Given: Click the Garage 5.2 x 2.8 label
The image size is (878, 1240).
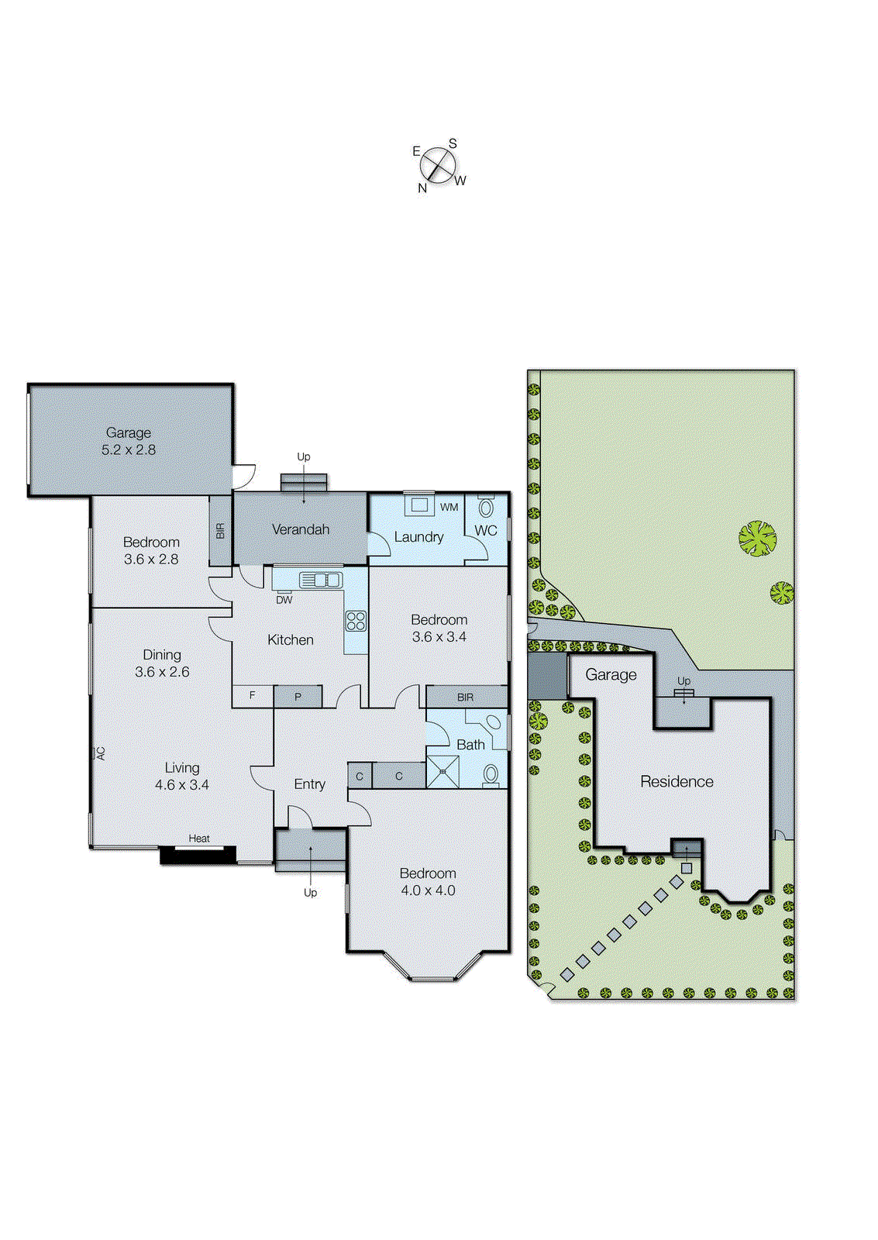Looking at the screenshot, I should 129,441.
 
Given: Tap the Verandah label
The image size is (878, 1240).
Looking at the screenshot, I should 301,529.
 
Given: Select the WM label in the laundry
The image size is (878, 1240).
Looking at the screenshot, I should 449,507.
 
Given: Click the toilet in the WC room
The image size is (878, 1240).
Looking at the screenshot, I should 487,508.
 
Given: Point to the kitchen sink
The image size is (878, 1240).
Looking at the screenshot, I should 320,579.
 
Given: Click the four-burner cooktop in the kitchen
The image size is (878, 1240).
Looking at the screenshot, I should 356,620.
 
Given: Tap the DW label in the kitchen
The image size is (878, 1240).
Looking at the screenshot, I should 284,600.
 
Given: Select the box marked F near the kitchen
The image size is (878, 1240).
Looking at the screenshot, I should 253,696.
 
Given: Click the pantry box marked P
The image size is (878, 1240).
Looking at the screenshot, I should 298,697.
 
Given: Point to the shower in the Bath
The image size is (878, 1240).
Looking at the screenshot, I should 442,772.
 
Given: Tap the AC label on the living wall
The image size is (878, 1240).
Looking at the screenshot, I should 101,753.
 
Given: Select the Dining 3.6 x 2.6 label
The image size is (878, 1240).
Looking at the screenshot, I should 162,663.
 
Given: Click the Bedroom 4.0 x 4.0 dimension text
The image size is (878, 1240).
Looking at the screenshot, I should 428,890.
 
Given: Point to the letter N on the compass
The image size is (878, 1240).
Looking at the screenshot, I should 422,188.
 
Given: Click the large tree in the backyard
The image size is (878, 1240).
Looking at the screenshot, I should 757,538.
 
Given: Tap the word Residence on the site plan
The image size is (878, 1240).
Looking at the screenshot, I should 677,781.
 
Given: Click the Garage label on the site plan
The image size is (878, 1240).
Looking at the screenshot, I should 611,674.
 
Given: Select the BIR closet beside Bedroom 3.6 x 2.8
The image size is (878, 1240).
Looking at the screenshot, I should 220,531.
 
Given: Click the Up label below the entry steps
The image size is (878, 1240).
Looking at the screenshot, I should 310,892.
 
